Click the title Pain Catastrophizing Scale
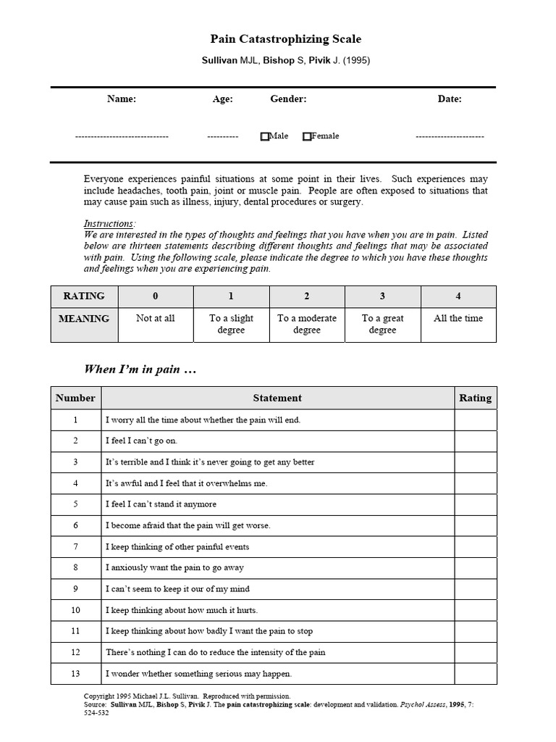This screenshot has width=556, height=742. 285,39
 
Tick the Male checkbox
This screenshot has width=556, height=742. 264,136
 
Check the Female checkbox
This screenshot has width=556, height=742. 307,136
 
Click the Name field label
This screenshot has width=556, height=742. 121,99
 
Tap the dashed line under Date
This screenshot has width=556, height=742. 449,136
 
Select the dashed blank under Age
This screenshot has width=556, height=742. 222,136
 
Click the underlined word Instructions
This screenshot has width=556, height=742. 109,224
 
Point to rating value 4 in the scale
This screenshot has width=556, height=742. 458,296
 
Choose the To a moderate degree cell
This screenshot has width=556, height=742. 307,324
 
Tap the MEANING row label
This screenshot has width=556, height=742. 84,319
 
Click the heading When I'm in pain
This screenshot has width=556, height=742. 140,370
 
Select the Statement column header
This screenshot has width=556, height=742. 277,398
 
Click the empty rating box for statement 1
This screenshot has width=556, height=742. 475,420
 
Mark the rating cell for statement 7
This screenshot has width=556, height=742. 475,547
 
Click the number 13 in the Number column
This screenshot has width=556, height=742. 75,674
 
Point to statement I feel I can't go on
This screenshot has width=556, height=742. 141,441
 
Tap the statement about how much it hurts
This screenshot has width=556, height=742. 182,610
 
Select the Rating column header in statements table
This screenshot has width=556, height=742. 475,398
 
